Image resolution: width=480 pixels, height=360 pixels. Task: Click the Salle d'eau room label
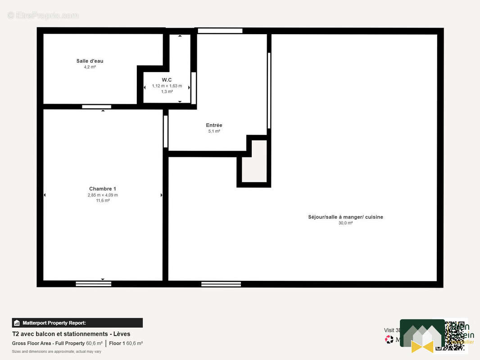90,61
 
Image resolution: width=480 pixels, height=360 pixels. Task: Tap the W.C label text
167,80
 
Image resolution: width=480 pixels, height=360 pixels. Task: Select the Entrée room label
214,125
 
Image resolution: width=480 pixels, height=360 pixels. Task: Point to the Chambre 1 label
103,189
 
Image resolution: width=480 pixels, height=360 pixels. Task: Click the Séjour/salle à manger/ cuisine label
345,217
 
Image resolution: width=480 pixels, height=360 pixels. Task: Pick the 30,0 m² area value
345,223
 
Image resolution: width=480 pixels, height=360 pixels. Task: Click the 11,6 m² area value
103,201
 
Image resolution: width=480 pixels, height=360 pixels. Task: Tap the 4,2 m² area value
90,67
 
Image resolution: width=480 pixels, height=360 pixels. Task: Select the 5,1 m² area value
214,131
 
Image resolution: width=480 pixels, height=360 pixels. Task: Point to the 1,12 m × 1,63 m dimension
167,86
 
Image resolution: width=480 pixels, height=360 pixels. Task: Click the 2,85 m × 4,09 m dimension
103,195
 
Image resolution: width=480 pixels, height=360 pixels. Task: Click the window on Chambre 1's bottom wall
93,283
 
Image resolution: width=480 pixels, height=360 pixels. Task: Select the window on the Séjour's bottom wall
221,283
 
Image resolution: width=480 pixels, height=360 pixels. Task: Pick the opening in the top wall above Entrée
220,31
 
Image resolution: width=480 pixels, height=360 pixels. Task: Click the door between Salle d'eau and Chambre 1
96,107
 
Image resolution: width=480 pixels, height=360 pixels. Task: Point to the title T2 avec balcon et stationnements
71,334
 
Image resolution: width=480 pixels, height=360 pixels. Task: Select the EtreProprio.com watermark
43,15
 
